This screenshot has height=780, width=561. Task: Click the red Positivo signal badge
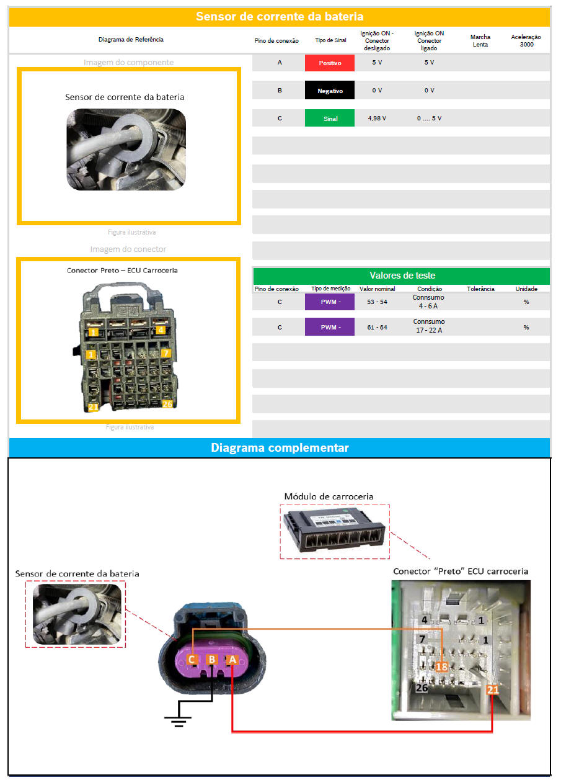click(x=329, y=63)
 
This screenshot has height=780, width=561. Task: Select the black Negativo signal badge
click(x=329, y=91)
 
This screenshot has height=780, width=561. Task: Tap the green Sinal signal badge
click(x=329, y=118)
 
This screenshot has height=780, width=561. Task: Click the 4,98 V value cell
click(x=377, y=118)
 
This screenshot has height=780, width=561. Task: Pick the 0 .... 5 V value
click(x=429, y=118)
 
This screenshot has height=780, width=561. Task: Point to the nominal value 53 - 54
click(x=377, y=302)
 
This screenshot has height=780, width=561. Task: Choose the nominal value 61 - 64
click(x=377, y=326)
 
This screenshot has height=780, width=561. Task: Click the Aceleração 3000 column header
click(x=526, y=40)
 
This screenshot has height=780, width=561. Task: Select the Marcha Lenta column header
click(x=480, y=40)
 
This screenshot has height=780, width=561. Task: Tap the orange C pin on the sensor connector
click(x=192, y=660)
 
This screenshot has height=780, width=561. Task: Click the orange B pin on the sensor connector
click(x=212, y=660)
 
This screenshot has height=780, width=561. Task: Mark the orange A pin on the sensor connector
click(x=232, y=660)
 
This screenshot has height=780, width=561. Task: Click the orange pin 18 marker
click(x=441, y=666)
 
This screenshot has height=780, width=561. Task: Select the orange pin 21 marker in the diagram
click(x=493, y=689)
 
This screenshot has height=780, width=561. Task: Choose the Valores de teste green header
click(x=401, y=276)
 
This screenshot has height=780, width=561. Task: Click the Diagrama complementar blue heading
click(x=280, y=447)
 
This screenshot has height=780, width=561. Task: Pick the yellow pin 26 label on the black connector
click(x=167, y=404)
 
